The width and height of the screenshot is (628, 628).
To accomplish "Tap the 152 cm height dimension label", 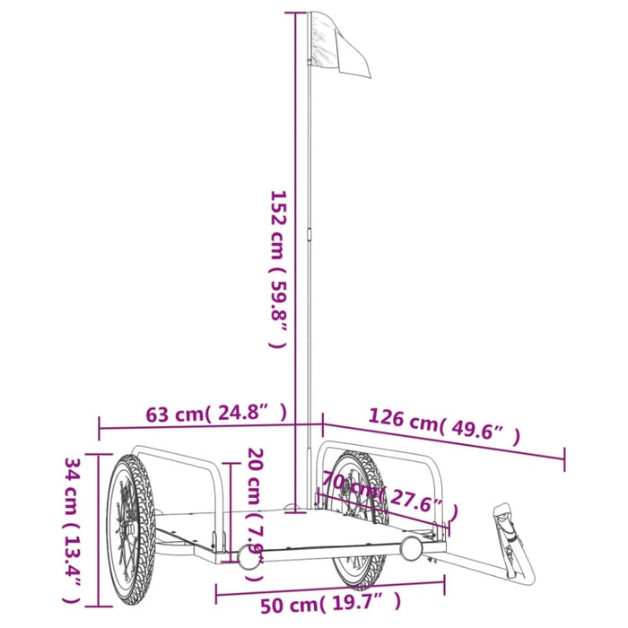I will (x=278, y=269).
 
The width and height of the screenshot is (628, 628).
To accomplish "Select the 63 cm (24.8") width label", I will (x=215, y=414).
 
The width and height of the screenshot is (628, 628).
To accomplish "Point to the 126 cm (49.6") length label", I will (x=443, y=425).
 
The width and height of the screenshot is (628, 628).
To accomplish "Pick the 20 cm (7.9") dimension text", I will (x=254, y=507).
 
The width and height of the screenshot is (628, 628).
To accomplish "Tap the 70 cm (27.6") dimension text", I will (x=386, y=495).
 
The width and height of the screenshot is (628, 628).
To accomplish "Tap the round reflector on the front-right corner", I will (x=412, y=548).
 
